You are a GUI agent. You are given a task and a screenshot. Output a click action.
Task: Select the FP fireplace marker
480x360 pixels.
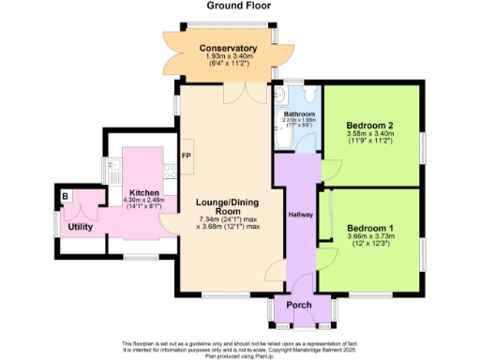point(186,156)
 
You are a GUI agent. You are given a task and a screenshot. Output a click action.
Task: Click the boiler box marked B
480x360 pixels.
point(66,196)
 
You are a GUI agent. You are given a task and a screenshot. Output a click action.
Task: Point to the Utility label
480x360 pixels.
point(80,226)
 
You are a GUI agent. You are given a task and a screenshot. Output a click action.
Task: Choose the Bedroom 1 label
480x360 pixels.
point(369,227)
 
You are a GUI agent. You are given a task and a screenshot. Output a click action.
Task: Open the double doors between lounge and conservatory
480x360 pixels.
point(250,91)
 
